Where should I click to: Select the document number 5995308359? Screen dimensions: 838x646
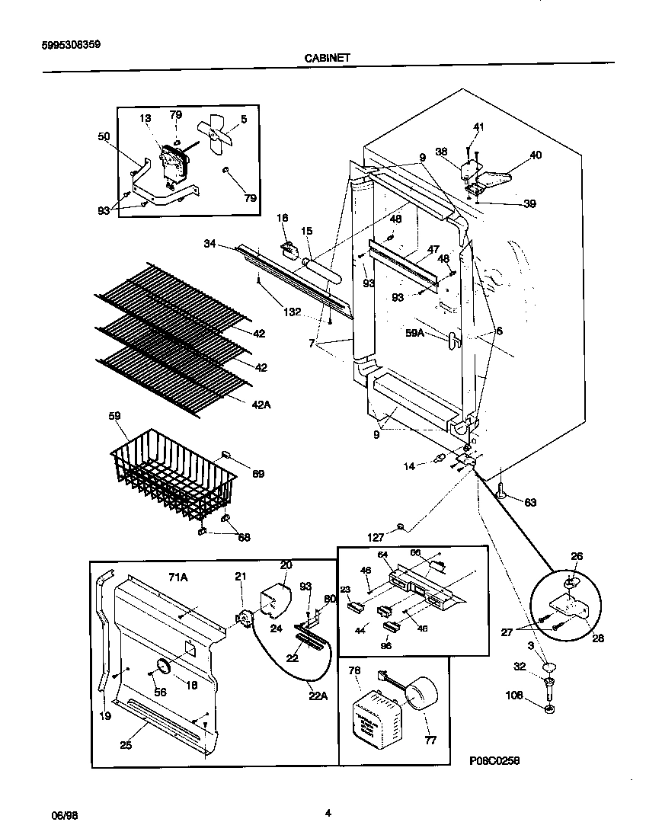(x=70, y=45)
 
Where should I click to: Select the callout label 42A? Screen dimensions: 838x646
(x=261, y=405)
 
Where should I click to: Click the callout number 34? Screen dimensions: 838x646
(x=210, y=244)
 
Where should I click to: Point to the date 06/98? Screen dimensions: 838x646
(x=65, y=814)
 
